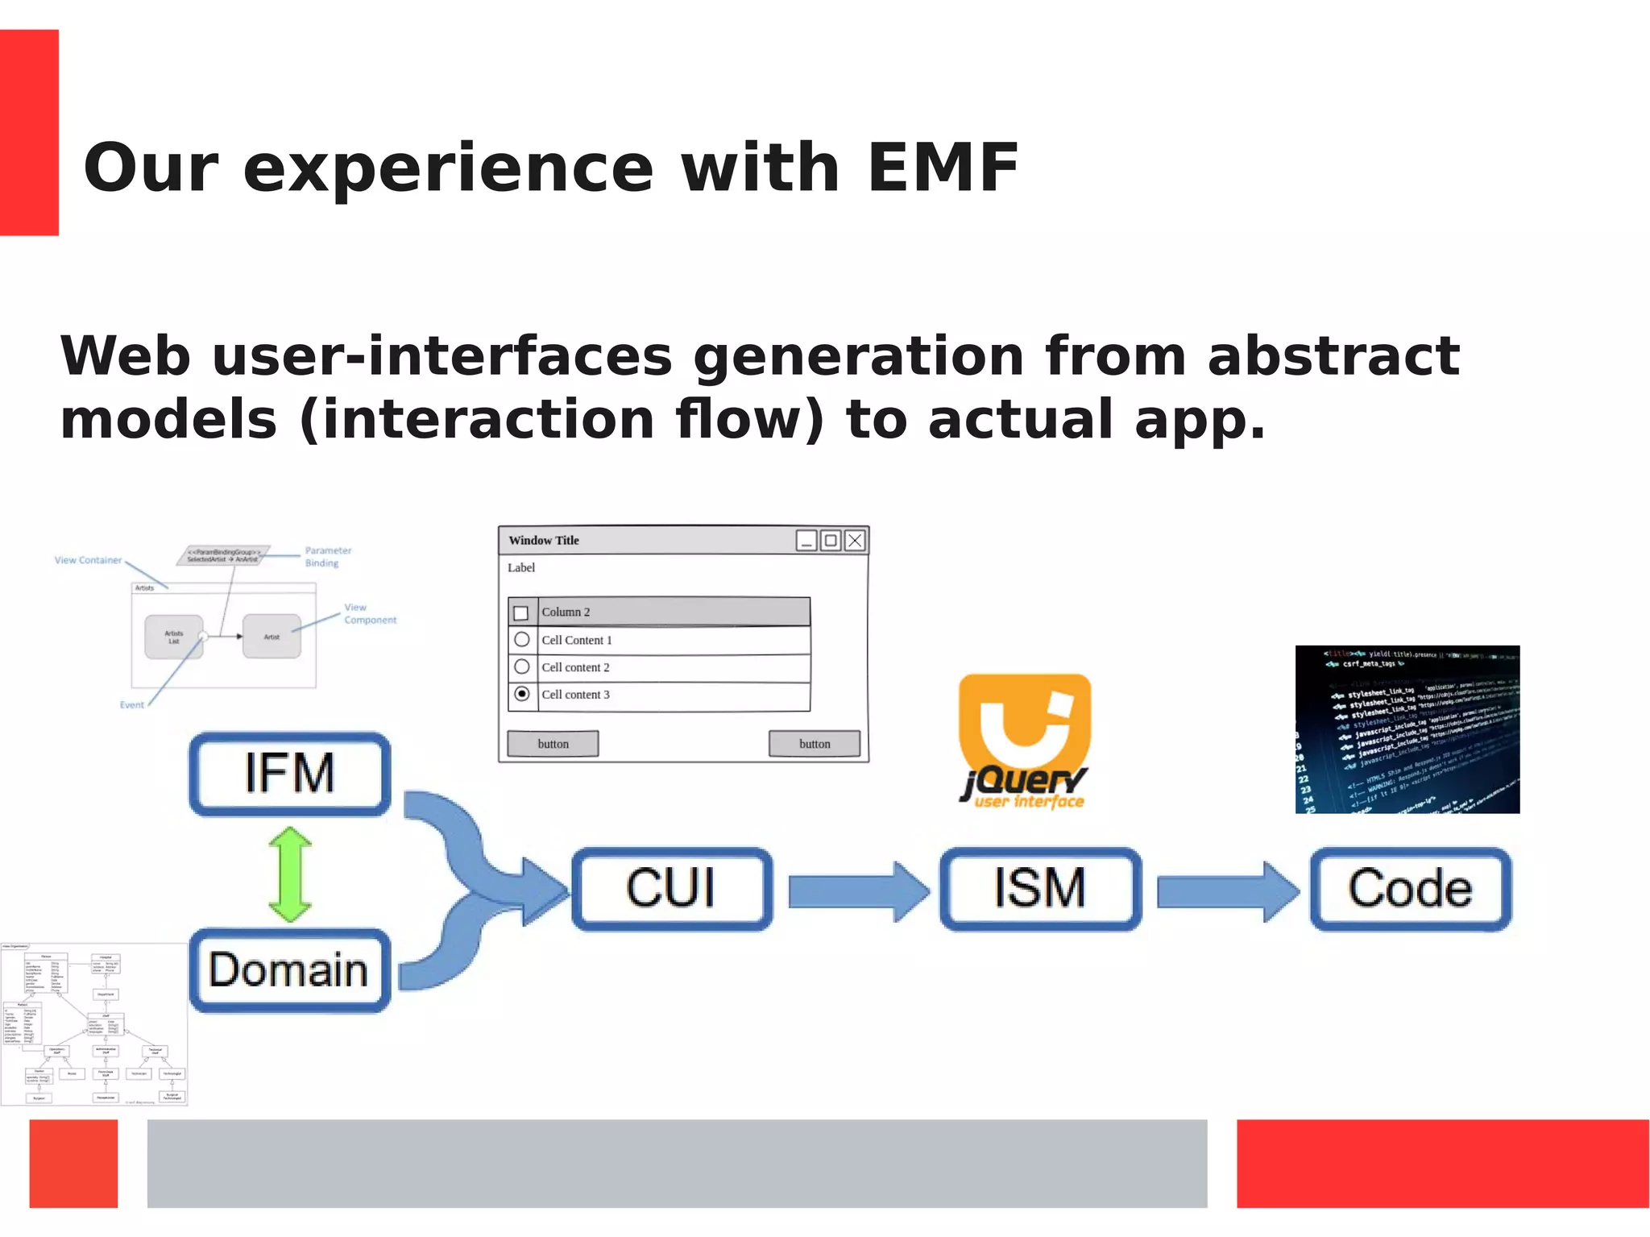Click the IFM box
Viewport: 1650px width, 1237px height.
point(289,774)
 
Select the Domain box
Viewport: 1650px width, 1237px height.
point(289,969)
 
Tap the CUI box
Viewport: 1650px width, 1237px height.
point(671,889)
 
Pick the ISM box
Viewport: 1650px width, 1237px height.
point(1040,889)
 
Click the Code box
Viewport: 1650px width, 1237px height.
point(1410,889)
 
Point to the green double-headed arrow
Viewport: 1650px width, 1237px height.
point(290,874)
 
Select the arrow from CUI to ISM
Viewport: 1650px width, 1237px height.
point(857,891)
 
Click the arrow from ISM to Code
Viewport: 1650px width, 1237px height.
point(1226,891)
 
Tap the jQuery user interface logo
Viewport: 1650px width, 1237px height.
point(1024,740)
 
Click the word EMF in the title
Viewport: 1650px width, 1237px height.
point(943,168)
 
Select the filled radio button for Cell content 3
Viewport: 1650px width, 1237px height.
point(522,694)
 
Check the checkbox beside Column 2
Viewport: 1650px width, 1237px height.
point(521,612)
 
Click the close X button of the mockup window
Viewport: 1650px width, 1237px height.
point(855,541)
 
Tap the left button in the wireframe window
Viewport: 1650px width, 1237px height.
point(553,744)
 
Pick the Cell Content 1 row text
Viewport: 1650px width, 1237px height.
point(577,640)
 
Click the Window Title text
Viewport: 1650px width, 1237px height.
point(544,541)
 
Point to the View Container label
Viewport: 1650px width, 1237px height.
point(88,560)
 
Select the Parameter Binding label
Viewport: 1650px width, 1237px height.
point(328,557)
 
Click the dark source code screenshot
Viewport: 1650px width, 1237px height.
point(1407,729)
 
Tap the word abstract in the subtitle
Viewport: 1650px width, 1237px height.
point(1333,355)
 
